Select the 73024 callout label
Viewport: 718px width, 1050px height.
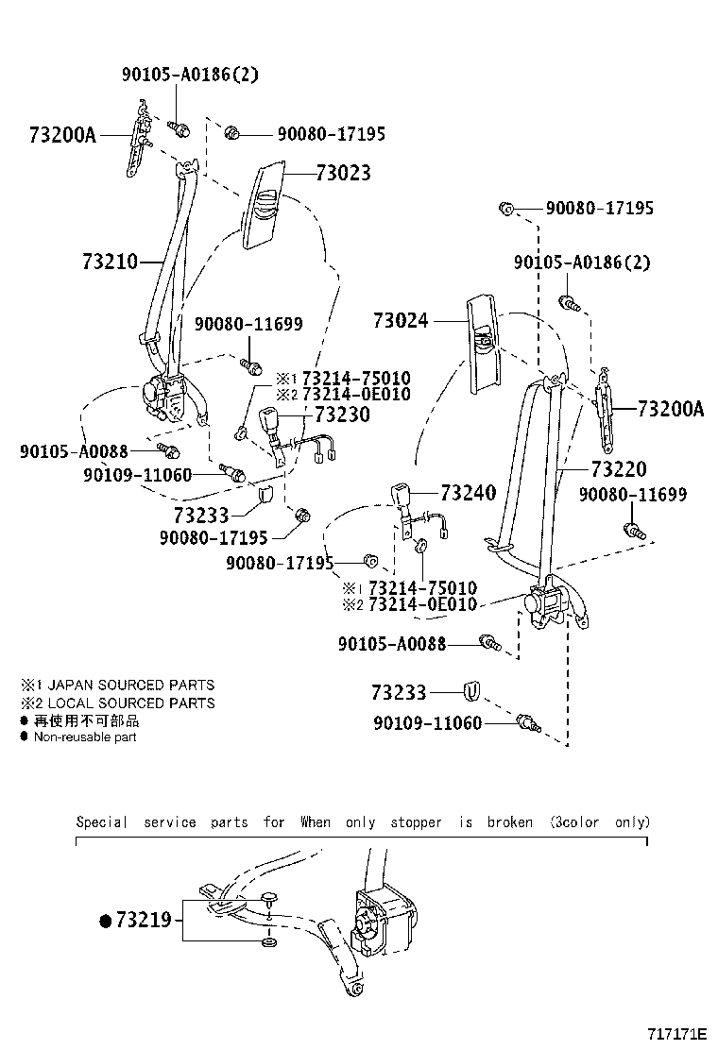(x=400, y=321)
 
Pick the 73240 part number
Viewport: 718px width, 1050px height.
(x=469, y=493)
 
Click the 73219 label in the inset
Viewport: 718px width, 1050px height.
(x=144, y=920)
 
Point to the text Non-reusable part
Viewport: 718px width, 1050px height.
(x=85, y=737)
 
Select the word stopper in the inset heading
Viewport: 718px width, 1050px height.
(x=417, y=822)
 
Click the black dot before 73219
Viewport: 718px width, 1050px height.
(x=106, y=920)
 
